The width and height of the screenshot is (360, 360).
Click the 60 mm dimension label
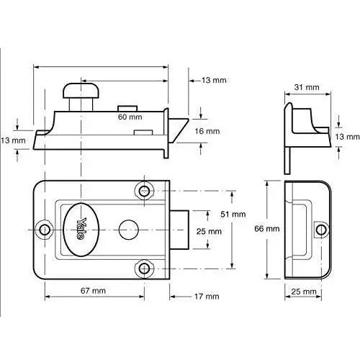pos(130,115)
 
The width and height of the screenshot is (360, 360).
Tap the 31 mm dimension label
pos(307,87)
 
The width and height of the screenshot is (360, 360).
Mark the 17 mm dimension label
pos(207,297)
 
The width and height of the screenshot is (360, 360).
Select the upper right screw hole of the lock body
pos(145,191)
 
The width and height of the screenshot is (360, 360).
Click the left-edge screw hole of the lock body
pos(45,229)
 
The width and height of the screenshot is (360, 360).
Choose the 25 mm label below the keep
pos(305,292)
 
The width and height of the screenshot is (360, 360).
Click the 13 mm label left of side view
pos(13,140)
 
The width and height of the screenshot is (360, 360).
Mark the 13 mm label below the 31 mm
pos(346,136)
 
